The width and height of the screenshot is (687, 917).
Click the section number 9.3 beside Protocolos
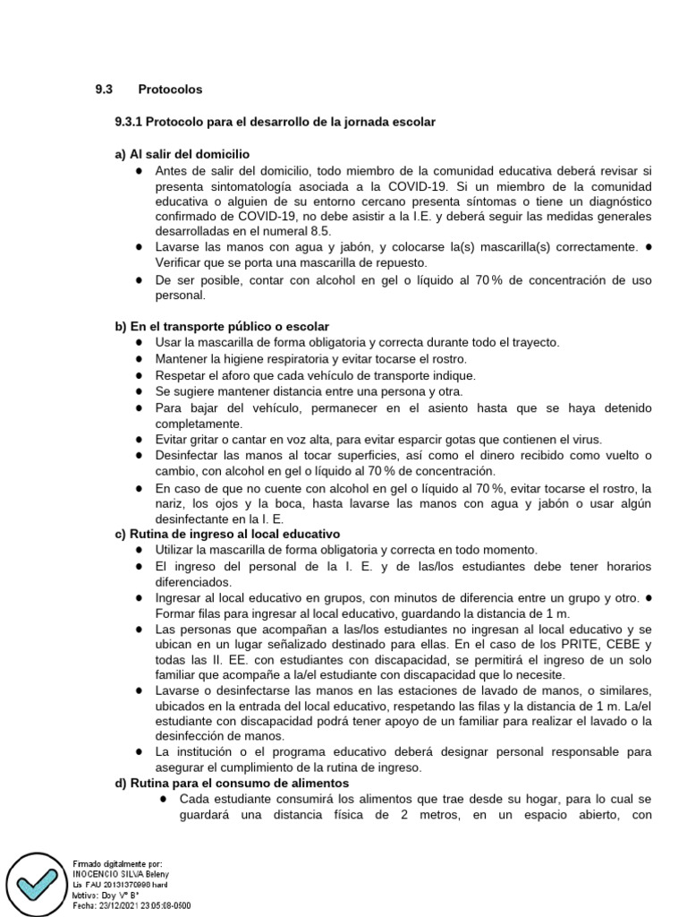[x=105, y=90]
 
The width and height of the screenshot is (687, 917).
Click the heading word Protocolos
[x=170, y=90]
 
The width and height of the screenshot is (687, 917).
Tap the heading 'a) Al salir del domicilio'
[x=182, y=154]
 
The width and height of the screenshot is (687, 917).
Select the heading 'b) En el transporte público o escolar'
[x=222, y=326]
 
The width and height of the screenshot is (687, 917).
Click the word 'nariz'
[x=170, y=504]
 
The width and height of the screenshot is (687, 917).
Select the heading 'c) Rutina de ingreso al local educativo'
[x=227, y=534]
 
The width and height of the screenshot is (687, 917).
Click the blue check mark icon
[x=36, y=883]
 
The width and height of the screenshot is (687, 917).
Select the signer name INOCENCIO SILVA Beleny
[x=119, y=873]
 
